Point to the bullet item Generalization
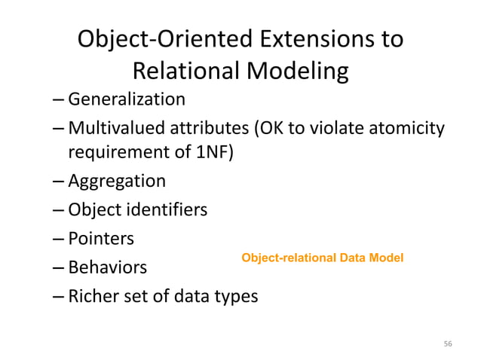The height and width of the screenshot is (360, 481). coord(127,99)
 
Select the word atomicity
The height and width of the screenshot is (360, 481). coord(406,127)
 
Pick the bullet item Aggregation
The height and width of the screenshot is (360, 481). coord(117,182)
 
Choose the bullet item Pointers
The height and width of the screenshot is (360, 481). coord(101,239)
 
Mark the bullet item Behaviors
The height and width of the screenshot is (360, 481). coord(108,267)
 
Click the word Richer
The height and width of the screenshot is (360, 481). coord(92,296)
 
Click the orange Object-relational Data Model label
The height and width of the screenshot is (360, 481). coord(322,258)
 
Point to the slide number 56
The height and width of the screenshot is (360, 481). coord(448,343)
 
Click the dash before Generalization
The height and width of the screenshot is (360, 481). coord(59,99)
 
